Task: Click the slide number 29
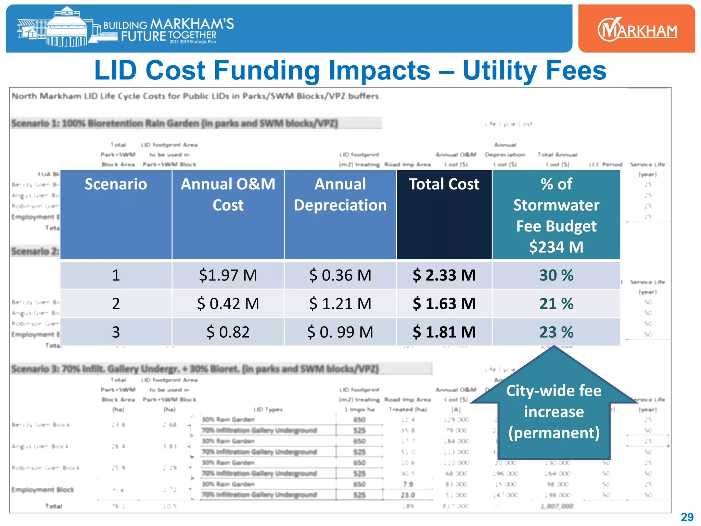687,517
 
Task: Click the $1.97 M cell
228,275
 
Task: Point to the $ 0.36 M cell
340,275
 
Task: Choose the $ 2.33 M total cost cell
444,275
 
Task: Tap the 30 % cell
556,275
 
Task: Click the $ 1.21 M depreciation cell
340,304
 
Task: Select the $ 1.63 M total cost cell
444,304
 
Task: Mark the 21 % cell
556,304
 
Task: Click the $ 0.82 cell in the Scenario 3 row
228,332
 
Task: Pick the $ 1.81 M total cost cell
444,332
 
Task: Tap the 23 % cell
556,332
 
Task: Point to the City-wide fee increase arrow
554,411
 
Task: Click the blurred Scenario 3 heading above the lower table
195,369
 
